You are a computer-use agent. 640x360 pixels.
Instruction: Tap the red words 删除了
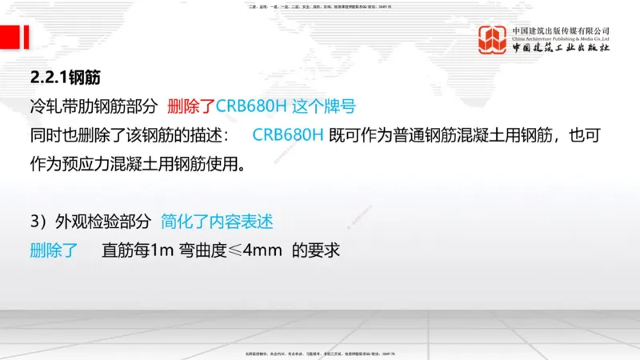point(191,106)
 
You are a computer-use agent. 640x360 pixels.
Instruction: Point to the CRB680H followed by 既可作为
point(287,134)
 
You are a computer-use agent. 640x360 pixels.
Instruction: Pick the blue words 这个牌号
point(322,106)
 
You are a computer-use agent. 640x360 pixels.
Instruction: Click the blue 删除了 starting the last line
point(54,250)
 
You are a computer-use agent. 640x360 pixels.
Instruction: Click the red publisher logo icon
point(493,40)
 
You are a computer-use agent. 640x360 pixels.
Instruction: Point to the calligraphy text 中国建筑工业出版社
point(562,49)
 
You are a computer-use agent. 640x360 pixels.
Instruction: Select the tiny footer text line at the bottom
point(320,354)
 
